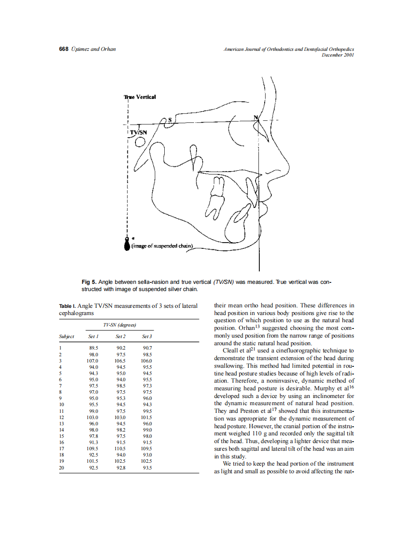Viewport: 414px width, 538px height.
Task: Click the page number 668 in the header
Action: click(63, 49)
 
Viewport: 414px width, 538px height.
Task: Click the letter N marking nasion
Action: click(256, 117)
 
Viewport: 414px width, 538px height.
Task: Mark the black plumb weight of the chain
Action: click(127, 245)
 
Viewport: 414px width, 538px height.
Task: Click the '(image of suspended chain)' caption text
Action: click(162, 246)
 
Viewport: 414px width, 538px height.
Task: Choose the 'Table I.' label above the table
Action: click(67, 306)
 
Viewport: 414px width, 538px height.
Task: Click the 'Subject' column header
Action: click(66, 337)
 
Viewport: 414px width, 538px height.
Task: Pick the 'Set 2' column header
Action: click(121, 337)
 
